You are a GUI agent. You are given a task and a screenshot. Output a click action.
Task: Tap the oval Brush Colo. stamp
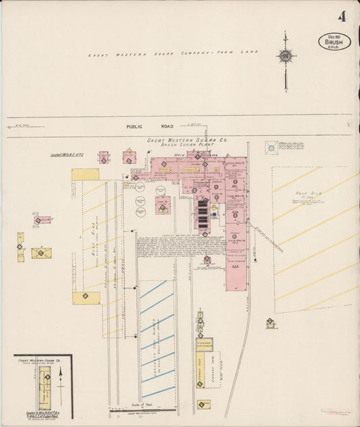[x=334, y=42]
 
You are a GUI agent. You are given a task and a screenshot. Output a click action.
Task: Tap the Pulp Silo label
[x=312, y=193]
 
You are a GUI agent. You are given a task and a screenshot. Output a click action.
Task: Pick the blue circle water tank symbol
[x=271, y=148]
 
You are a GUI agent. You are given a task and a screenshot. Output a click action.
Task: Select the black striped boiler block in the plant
[x=203, y=215]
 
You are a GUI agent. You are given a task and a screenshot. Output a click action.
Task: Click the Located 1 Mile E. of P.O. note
[x=66, y=155]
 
